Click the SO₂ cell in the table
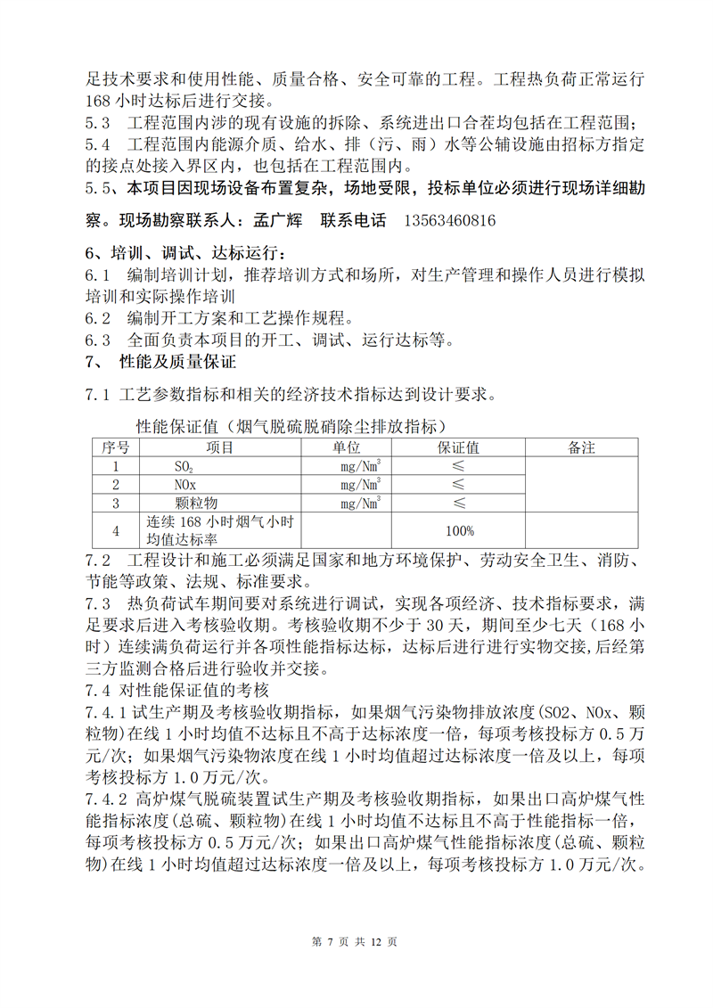184,466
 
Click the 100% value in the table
459,530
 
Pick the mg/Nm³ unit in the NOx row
360,485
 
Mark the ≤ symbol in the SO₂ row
458,466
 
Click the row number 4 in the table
115,530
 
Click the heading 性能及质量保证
178,364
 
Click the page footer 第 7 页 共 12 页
356,942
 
